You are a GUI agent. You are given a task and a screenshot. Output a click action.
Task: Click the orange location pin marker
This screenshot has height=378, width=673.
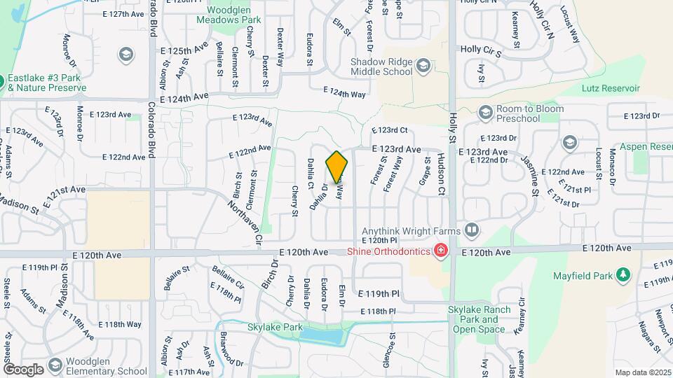[336, 167]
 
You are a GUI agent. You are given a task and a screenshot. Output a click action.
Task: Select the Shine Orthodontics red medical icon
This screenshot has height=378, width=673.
[441, 251]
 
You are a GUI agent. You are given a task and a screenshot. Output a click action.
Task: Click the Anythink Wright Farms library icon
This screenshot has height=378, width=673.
[472, 230]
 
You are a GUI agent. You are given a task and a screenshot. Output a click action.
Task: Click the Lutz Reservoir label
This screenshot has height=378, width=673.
[611, 88]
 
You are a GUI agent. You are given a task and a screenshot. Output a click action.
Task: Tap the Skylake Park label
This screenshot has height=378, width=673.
[275, 327]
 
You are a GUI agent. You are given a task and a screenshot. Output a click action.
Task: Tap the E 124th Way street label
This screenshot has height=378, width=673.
[345, 93]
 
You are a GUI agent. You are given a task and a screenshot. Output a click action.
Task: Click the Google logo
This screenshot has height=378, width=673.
[23, 369]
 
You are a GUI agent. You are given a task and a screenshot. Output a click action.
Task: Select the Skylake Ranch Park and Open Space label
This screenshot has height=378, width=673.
[478, 320]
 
